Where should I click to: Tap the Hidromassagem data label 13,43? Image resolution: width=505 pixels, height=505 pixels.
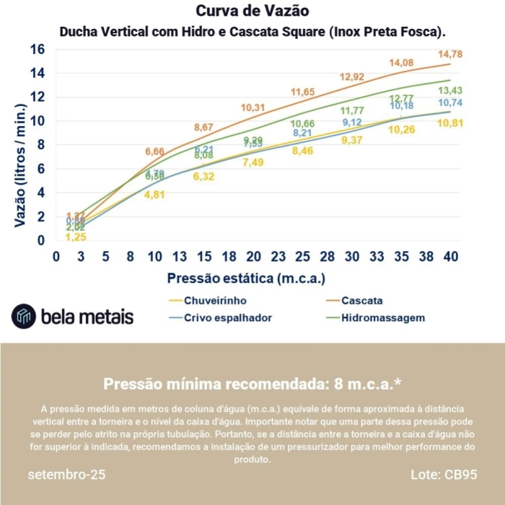(450, 90)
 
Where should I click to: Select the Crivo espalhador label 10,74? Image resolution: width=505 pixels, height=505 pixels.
(450, 103)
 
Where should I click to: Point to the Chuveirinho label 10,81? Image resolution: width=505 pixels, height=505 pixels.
(450, 123)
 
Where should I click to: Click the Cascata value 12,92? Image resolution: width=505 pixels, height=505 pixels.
(352, 77)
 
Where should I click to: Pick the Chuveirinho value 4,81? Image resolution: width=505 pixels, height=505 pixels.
(154, 195)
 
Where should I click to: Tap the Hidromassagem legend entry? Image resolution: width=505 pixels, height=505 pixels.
(382, 317)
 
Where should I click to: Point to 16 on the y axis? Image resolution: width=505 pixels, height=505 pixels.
(37, 49)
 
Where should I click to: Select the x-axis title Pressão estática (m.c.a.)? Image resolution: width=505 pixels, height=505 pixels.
(246, 278)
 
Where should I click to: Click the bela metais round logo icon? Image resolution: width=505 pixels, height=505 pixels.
(23, 316)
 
